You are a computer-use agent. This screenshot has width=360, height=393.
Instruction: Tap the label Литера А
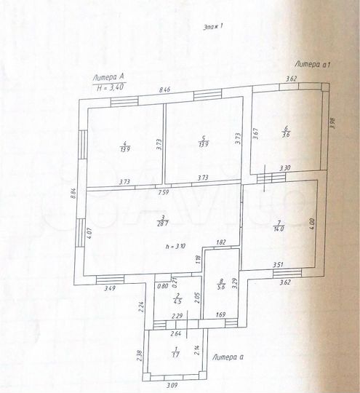click(x=108, y=76)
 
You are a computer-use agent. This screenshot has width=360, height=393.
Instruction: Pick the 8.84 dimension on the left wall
click(x=74, y=194)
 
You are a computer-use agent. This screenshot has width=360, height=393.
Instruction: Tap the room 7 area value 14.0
click(x=279, y=228)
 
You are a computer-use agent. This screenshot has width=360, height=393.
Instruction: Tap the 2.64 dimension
click(x=175, y=334)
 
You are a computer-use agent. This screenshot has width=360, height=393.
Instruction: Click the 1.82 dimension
click(x=221, y=242)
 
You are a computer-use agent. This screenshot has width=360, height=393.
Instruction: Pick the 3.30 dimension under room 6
click(x=286, y=169)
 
